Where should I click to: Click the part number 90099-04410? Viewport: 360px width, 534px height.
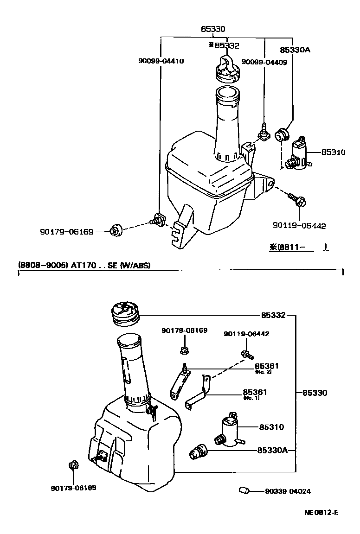coord(161,61)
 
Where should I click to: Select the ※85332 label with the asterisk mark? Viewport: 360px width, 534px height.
coord(224,45)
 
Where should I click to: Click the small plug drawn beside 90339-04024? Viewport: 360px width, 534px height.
coord(244,490)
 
